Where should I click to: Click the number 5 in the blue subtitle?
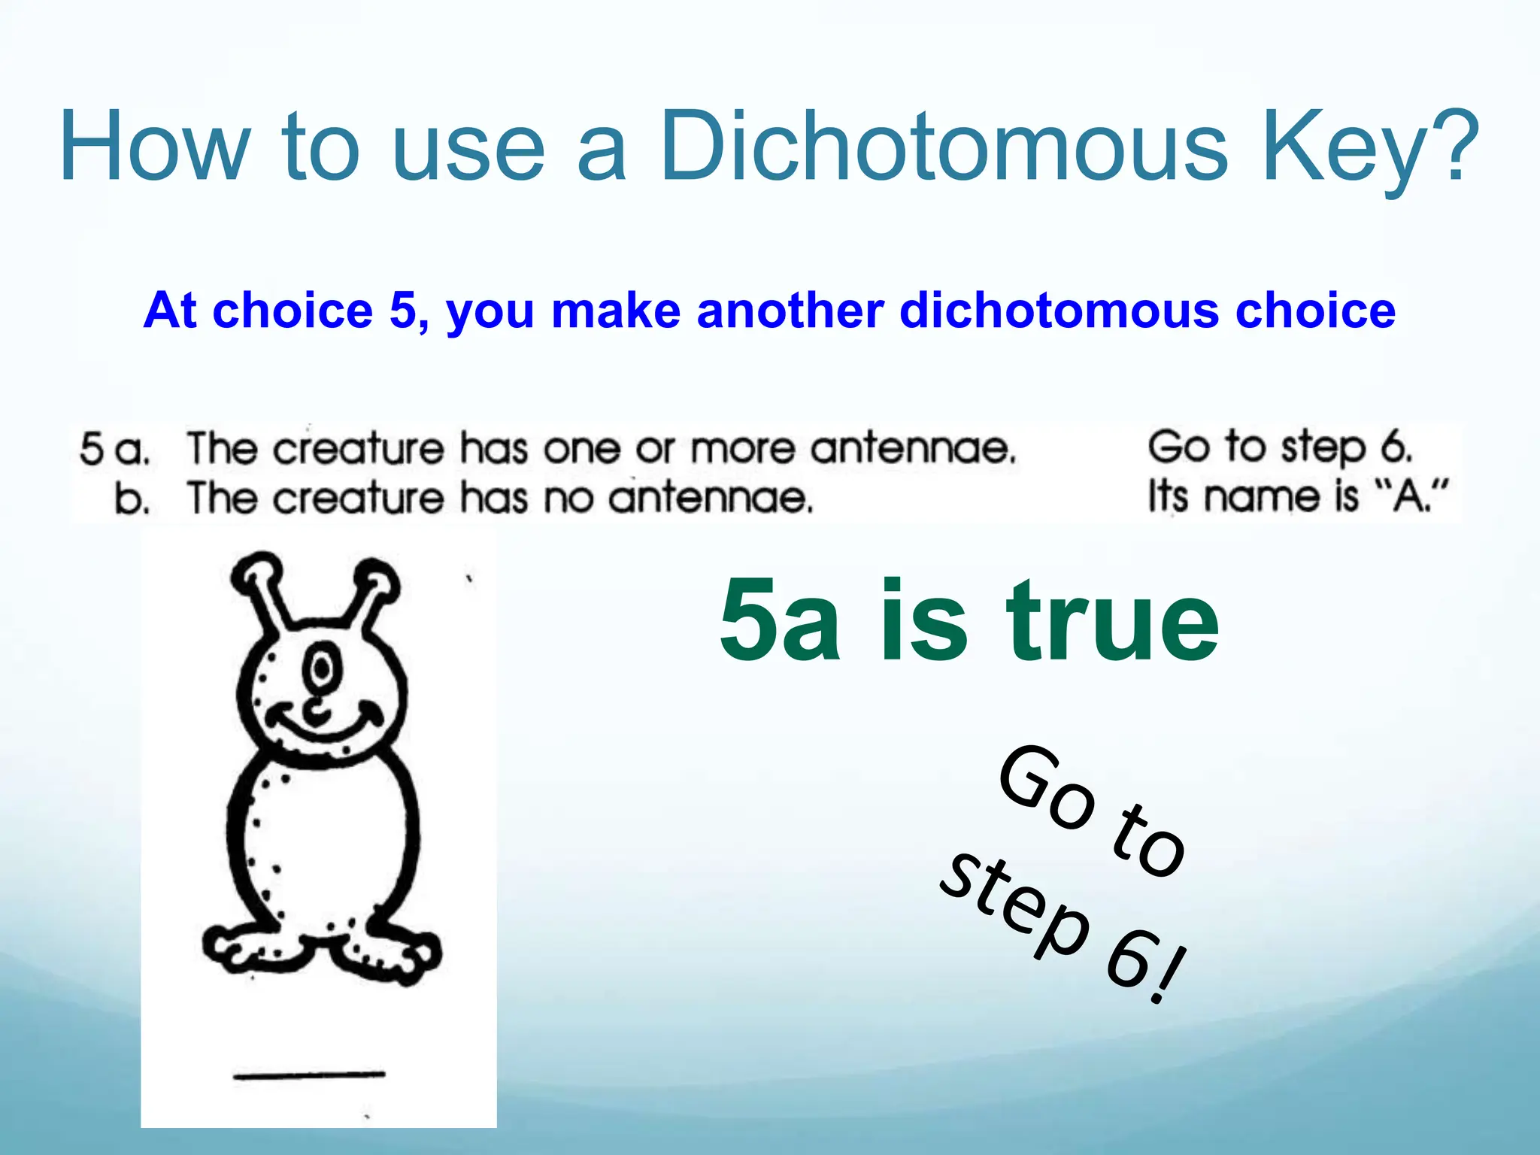[x=404, y=311]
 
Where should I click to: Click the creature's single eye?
[x=321, y=668]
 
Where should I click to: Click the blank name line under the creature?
[x=309, y=1075]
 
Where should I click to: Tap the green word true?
[x=1113, y=622]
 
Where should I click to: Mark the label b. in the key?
[x=132, y=499]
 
